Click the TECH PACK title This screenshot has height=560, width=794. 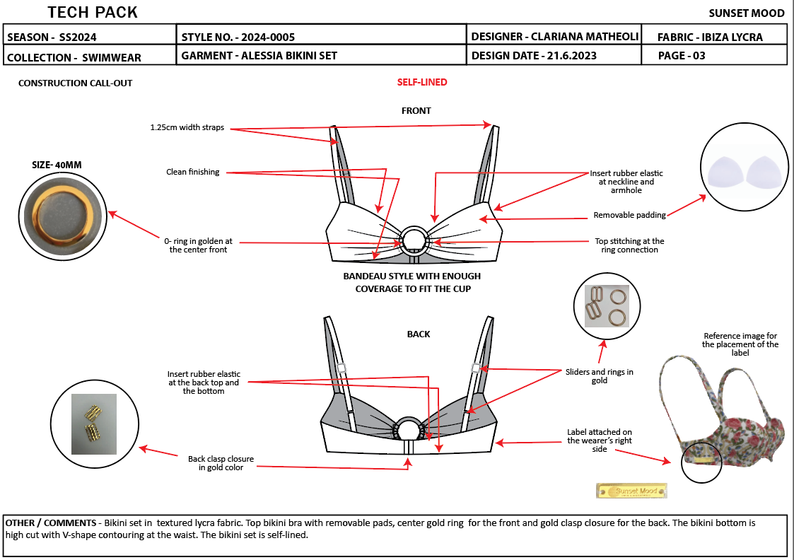click(x=93, y=12)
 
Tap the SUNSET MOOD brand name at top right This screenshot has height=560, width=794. click(x=746, y=13)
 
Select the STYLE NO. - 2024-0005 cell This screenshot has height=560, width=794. click(x=238, y=37)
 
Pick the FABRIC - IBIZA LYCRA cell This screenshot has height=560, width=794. click(x=710, y=37)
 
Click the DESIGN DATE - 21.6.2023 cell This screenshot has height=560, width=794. click(x=534, y=56)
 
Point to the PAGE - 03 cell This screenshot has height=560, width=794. click(x=682, y=56)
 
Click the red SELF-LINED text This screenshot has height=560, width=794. click(x=422, y=82)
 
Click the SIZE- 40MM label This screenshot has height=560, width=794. click(x=57, y=165)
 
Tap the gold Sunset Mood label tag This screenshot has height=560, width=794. click(x=632, y=491)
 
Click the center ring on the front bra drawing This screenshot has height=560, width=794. click(x=412, y=240)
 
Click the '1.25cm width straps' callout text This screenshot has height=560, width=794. click(x=187, y=128)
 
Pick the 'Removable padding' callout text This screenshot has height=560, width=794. click(x=629, y=215)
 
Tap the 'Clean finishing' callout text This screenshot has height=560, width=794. click(x=192, y=172)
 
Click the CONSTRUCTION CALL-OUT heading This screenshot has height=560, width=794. click(x=75, y=83)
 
